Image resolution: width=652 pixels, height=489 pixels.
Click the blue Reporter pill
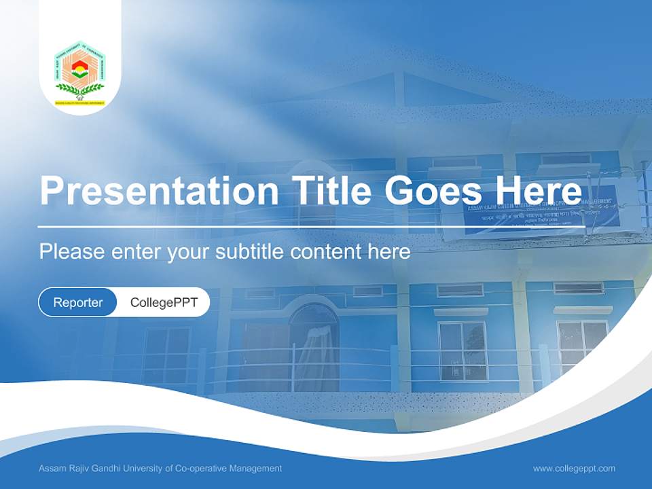pyautogui.click(x=77, y=302)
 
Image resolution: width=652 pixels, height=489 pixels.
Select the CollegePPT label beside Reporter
pyautogui.click(x=164, y=302)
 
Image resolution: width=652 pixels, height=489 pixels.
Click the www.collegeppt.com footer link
pyautogui.click(x=574, y=469)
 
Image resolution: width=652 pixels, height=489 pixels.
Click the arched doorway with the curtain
pyautogui.click(x=313, y=346)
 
